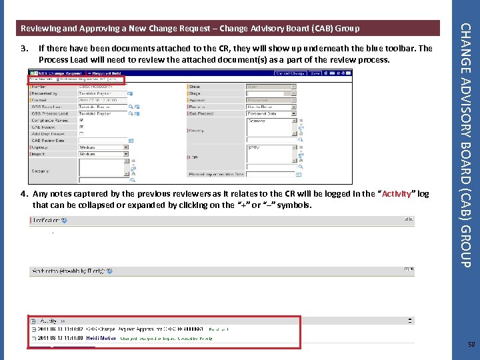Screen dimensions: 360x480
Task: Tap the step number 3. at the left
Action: click(x=24, y=49)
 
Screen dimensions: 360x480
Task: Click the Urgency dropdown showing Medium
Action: click(x=103, y=147)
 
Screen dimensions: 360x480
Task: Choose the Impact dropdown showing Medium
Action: click(x=103, y=154)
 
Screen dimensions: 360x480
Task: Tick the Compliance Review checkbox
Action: click(x=81, y=121)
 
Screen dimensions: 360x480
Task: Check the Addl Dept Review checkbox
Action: click(x=81, y=134)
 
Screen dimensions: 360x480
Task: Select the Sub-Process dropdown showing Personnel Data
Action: click(x=270, y=114)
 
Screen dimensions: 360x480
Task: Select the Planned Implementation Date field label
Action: click(x=216, y=175)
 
